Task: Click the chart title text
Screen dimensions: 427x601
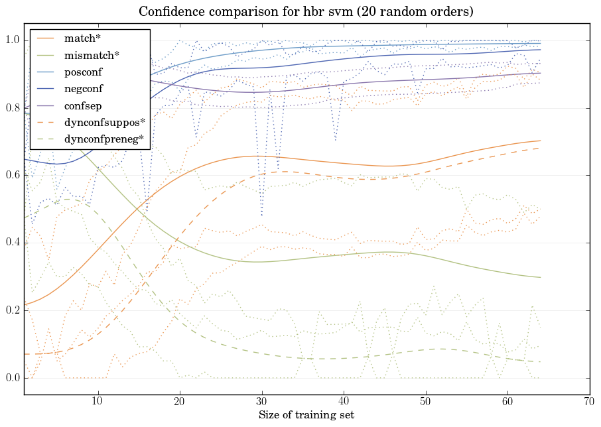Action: point(306,12)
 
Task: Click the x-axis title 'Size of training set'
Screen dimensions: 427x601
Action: point(306,415)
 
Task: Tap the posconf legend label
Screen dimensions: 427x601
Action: point(84,72)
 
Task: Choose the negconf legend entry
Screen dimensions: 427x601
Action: point(84,88)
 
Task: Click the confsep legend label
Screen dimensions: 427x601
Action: point(82,105)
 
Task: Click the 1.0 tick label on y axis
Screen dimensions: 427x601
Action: point(13,41)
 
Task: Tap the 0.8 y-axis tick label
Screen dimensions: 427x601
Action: point(13,108)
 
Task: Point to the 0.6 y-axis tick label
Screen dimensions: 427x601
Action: point(13,176)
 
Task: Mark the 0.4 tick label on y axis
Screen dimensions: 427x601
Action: point(13,243)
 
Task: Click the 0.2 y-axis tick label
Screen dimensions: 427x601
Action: point(13,311)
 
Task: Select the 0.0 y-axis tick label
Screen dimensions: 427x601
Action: point(13,379)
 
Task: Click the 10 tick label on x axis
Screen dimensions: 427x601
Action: point(98,401)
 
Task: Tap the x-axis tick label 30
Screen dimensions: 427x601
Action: point(262,401)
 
